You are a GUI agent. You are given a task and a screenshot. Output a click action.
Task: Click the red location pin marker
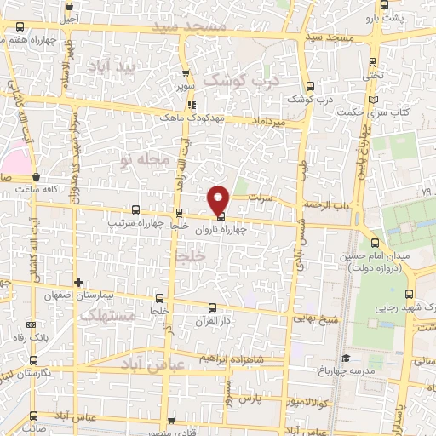point(219,200)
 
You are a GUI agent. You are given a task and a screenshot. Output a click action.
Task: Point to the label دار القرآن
point(213,321)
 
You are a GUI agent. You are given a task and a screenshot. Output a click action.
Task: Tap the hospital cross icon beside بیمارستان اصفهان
point(78,282)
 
